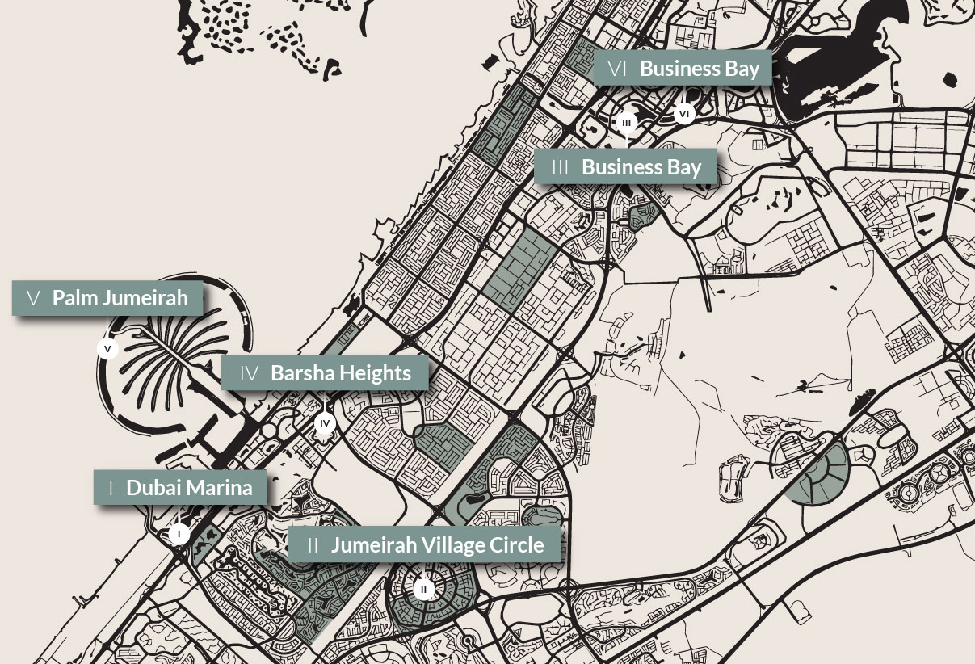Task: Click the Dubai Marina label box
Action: click(x=180, y=488)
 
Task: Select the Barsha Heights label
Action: click(x=325, y=373)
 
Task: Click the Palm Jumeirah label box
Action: click(x=107, y=298)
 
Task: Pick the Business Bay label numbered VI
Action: click(x=683, y=69)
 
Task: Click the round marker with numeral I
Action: click(x=179, y=534)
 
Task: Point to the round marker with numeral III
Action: click(x=627, y=123)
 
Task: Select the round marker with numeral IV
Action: click(x=325, y=423)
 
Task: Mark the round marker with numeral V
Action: click(x=107, y=349)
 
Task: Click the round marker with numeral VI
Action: click(x=684, y=114)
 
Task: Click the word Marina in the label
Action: click(x=220, y=488)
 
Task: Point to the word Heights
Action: click(x=374, y=373)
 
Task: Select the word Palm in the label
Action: click(x=70, y=298)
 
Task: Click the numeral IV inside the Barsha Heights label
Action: click(x=249, y=374)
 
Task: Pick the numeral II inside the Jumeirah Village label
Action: click(x=313, y=545)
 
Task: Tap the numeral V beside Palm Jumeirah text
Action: click(x=33, y=298)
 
